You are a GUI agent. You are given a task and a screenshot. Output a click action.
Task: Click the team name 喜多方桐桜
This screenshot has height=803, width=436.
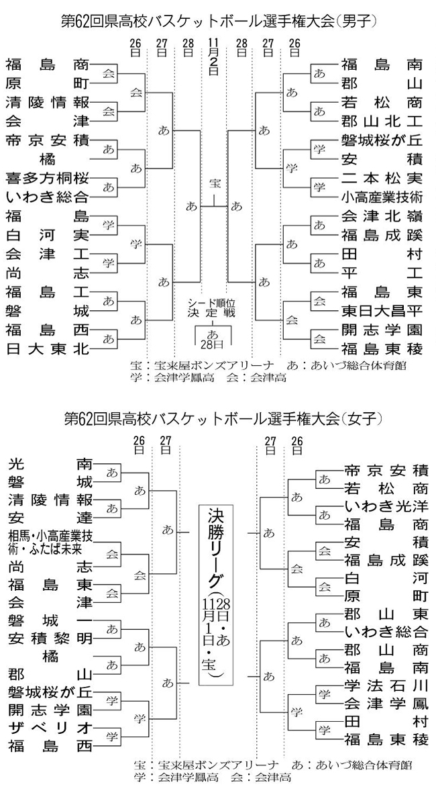(x=47, y=181)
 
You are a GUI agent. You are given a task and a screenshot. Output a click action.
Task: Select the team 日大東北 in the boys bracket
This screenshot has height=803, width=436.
(x=47, y=348)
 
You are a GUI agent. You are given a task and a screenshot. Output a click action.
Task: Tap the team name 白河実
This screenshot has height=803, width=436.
(x=47, y=236)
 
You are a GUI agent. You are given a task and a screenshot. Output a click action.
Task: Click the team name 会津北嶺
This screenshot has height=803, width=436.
(x=382, y=216)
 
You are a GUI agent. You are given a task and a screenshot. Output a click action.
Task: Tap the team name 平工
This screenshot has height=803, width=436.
(x=382, y=273)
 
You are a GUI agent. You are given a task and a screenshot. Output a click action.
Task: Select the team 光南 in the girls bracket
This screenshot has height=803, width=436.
(x=50, y=463)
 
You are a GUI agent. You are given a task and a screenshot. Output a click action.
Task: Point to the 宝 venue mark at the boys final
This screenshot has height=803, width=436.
(x=213, y=183)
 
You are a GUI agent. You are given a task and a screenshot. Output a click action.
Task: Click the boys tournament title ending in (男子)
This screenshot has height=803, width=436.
(x=218, y=21)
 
